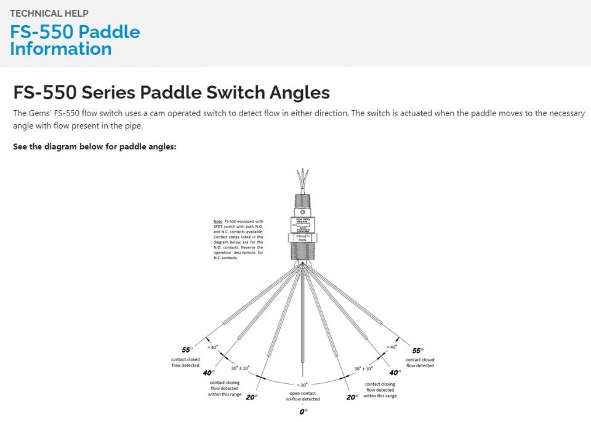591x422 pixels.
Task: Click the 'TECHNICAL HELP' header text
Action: (49, 13)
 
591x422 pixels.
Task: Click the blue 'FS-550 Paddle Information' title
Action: (74, 40)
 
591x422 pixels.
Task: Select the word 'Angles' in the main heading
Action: (300, 93)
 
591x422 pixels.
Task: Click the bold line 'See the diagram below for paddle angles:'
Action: (95, 147)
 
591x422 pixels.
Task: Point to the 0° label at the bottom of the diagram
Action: (303, 412)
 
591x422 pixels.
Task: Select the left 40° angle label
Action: (208, 372)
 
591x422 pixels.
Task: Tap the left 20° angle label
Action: (251, 397)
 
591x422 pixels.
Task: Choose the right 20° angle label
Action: (352, 397)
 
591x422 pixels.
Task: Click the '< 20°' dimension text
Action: (302, 384)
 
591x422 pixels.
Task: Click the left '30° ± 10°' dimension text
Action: (241, 368)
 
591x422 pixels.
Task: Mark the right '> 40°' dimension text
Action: (392, 347)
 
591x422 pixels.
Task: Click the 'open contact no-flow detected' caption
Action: (302, 396)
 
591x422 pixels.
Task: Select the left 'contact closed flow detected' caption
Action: (185, 362)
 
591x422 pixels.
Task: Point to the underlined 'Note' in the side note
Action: (217, 221)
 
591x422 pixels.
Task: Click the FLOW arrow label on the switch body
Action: (302, 237)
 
